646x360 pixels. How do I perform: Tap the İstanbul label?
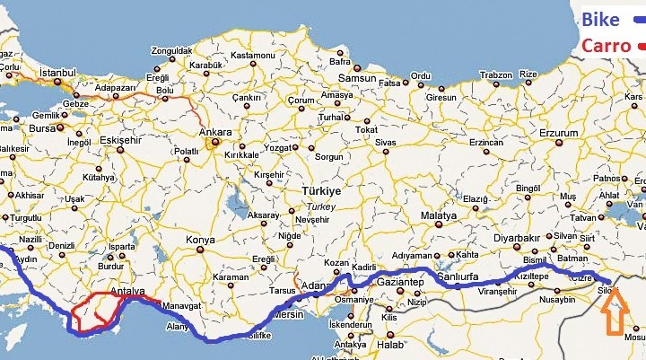tap(57, 71)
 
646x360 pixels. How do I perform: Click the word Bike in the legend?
tap(600, 18)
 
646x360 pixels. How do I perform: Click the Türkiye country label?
tap(321, 192)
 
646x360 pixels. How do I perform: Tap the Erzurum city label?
tap(536, 134)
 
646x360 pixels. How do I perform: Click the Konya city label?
tap(199, 240)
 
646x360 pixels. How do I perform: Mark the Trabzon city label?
tap(495, 75)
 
